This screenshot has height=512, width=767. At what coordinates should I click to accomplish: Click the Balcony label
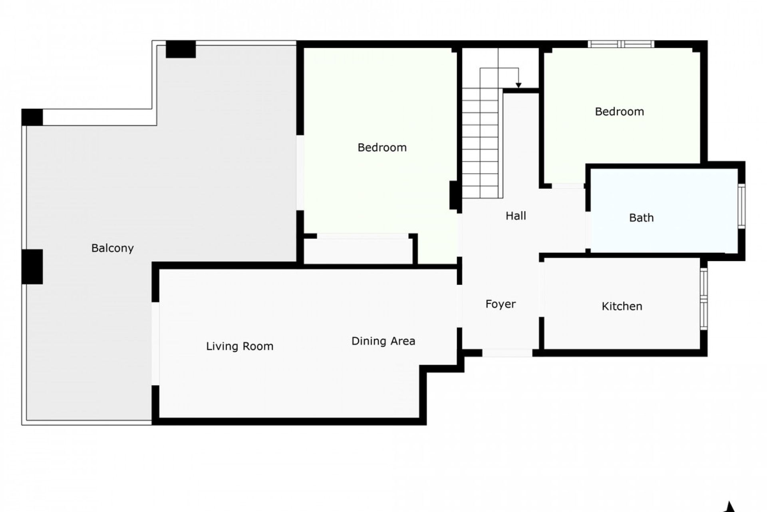(x=112, y=248)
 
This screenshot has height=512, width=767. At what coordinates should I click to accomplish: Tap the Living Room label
(x=240, y=346)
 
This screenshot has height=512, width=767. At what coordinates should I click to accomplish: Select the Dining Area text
(x=383, y=341)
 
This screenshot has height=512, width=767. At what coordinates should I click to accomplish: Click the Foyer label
(x=500, y=304)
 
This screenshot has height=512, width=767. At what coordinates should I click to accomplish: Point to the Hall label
(x=515, y=216)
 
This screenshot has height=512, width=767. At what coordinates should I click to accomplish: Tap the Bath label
(x=641, y=218)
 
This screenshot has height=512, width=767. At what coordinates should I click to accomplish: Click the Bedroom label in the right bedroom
(x=619, y=112)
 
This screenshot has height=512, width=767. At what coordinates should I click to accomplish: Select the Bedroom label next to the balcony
(x=382, y=148)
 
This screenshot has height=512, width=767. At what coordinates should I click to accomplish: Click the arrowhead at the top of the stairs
(x=518, y=85)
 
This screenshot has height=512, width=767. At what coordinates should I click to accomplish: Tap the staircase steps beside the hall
(x=480, y=144)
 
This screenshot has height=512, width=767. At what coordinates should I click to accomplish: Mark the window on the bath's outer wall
(x=741, y=206)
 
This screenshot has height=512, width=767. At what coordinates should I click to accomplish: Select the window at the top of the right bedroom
(x=621, y=44)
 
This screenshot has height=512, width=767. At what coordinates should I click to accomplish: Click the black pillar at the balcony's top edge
(x=181, y=49)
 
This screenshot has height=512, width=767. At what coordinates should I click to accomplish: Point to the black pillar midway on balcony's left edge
(x=32, y=267)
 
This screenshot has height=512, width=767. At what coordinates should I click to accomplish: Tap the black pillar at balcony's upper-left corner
(x=32, y=117)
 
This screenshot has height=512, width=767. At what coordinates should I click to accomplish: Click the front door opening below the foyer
(x=507, y=353)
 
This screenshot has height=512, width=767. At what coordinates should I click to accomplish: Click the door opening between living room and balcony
(x=155, y=344)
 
